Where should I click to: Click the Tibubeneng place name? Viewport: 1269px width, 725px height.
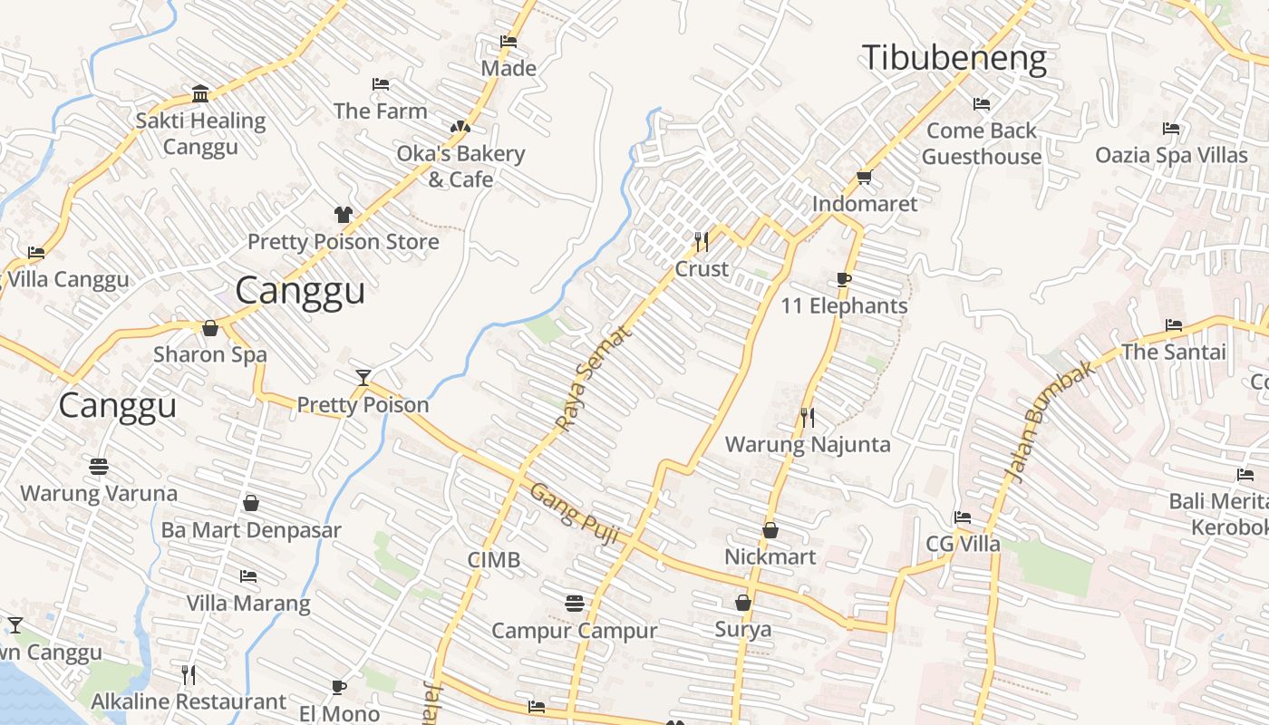click(954, 58)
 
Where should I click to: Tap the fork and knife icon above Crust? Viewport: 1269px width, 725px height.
click(702, 242)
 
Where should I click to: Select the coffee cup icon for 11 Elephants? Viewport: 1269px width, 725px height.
click(844, 279)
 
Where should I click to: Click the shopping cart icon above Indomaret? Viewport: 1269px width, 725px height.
click(864, 177)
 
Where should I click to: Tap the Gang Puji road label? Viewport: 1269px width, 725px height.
click(575, 514)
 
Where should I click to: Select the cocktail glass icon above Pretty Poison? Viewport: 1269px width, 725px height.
click(363, 377)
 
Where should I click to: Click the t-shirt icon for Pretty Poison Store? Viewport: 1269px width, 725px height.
click(344, 215)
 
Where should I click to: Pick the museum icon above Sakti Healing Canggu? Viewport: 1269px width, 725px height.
click(200, 93)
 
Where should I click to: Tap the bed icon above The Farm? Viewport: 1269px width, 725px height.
click(381, 84)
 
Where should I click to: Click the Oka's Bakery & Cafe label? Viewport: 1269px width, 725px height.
click(460, 166)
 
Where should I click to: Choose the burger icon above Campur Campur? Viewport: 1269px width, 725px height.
click(574, 603)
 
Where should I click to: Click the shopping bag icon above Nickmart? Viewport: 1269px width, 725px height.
click(770, 529)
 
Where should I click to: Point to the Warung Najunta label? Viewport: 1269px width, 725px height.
click(808, 444)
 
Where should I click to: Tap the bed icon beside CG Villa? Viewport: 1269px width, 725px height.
click(963, 517)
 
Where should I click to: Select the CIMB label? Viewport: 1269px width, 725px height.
click(494, 559)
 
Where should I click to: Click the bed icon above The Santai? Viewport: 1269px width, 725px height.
click(1174, 324)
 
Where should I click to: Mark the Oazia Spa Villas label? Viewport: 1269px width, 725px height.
click(1171, 155)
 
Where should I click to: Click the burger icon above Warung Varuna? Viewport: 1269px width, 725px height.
click(99, 466)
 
